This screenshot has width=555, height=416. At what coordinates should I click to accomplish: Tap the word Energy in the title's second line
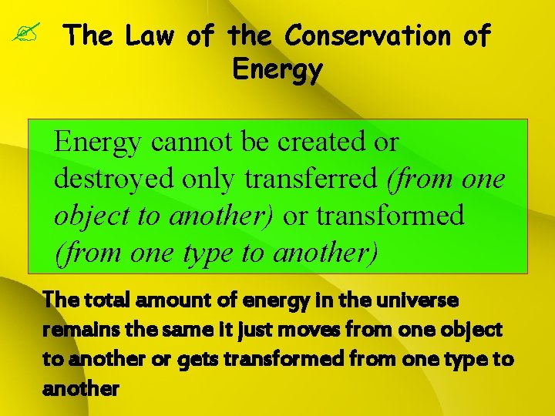[x=277, y=70]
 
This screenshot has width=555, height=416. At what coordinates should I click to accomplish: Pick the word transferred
[x=314, y=179]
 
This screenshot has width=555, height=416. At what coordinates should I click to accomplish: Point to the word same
[x=184, y=329]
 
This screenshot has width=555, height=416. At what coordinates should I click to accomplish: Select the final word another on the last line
[x=81, y=389]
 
